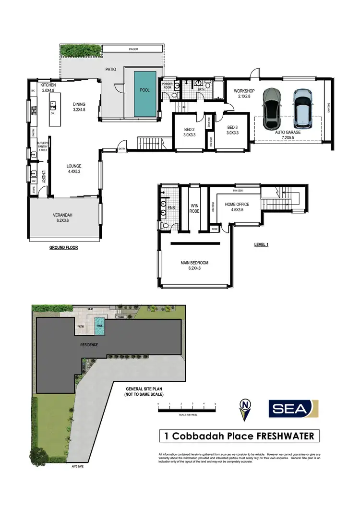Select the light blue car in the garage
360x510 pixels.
302,106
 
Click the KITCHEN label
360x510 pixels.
49,85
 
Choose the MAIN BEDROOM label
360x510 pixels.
194,263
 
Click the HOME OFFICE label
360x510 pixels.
237,204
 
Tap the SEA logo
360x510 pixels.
292,409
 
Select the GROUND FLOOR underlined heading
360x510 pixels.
63,248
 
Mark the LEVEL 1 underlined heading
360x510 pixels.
261,244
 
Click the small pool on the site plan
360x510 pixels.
99,321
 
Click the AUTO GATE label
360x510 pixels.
77,466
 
